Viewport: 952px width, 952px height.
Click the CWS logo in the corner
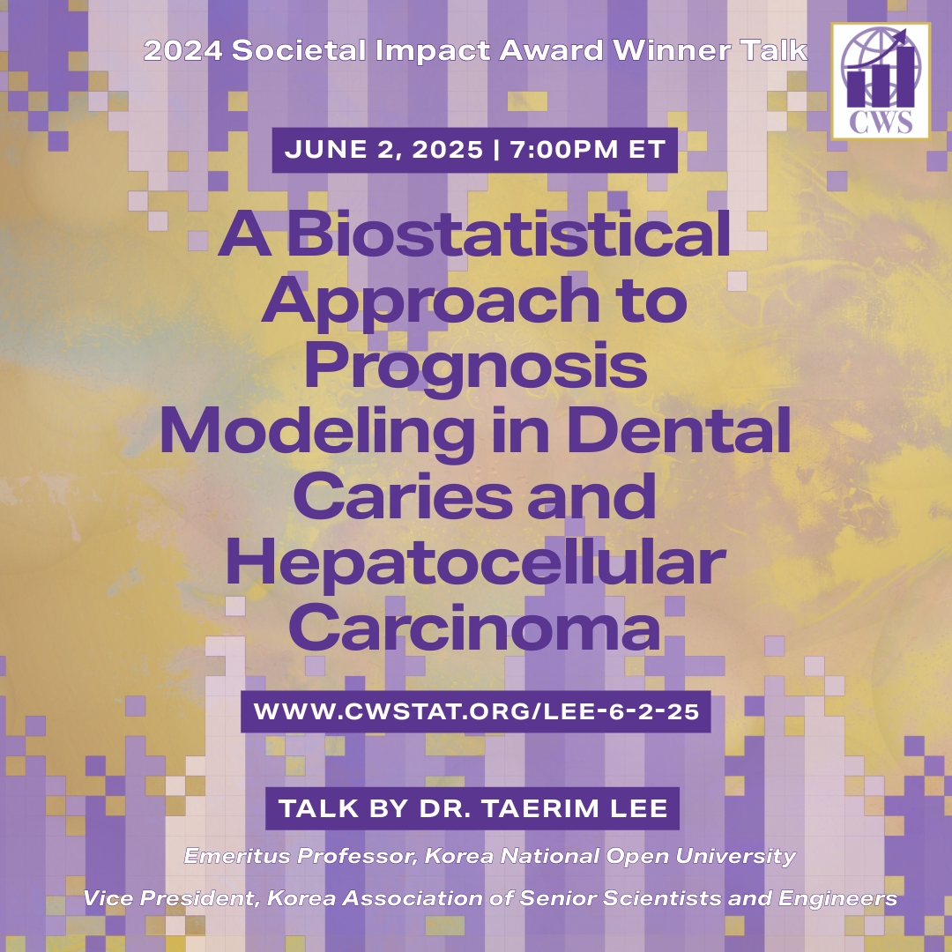point(881,81)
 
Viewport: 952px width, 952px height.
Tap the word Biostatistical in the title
point(508,234)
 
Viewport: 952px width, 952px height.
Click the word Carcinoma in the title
point(475,628)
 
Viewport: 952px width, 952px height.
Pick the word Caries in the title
point(402,495)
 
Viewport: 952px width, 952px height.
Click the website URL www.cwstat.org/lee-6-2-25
point(476,711)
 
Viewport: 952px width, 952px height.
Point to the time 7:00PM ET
point(588,150)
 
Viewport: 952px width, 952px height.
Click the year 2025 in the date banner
point(448,150)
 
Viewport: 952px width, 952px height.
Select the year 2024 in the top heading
point(182,50)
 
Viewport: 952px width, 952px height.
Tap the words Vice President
point(171,898)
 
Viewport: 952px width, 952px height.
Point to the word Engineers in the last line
point(838,898)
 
